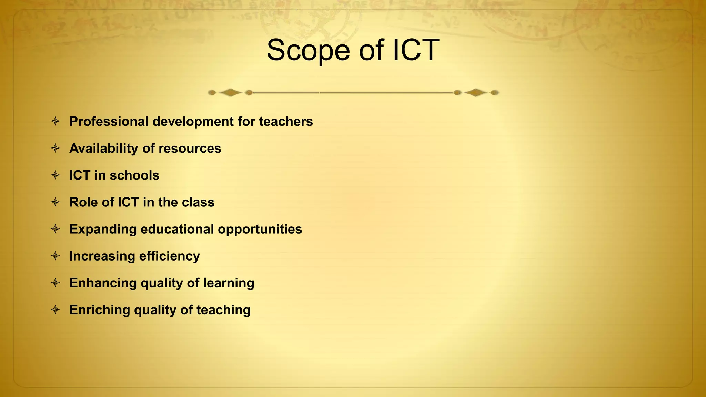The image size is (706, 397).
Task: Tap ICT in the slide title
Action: point(415,50)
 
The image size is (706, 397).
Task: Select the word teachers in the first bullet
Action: point(286,121)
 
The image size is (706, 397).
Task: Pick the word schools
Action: point(134,175)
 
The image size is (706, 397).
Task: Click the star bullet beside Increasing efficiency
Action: point(55,256)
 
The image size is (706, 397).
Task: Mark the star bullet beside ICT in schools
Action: point(55,175)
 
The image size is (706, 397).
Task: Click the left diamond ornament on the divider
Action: point(230,92)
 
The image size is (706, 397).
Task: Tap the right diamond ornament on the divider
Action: point(475,92)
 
